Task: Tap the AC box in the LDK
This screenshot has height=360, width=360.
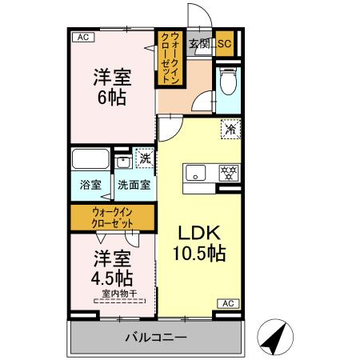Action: (x=227, y=303)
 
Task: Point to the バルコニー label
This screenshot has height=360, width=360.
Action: (x=155, y=337)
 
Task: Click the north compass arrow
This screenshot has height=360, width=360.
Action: (x=274, y=335)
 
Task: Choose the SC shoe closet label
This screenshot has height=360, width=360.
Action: (x=225, y=44)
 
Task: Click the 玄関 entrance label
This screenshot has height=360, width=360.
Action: (x=198, y=44)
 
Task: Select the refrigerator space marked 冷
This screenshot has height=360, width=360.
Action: (x=230, y=128)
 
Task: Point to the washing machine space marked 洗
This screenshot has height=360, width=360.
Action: (x=145, y=158)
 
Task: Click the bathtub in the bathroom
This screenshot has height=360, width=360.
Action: (x=90, y=158)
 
